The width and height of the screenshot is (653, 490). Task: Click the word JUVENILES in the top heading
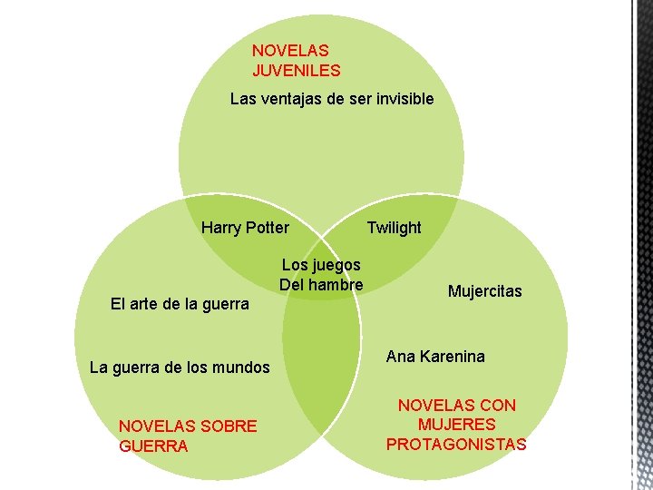pos(297,69)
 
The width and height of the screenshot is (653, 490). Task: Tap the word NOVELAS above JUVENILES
pos(290,51)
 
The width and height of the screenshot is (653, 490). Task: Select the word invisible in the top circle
pos(400,98)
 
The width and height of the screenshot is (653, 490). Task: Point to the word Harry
pos(221,227)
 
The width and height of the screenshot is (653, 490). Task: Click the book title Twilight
pos(394,227)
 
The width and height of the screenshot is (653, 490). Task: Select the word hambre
pos(336,284)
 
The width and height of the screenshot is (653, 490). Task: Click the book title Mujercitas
pos(485,291)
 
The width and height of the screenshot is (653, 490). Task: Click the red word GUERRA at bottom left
pos(153,446)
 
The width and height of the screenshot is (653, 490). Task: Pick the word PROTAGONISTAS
pos(456,444)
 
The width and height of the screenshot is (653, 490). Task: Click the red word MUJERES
pos(456,425)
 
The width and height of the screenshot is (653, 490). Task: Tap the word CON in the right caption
pos(498,406)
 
